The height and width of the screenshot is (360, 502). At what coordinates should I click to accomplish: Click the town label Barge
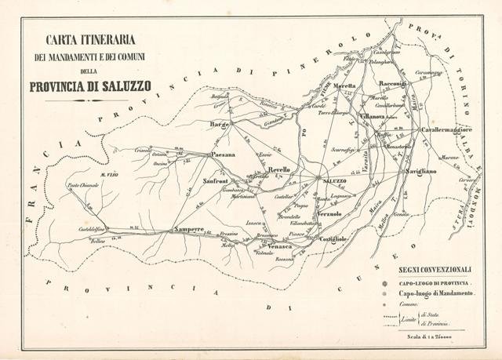click(x=217, y=124)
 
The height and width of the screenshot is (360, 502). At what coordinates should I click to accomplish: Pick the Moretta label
click(x=344, y=85)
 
